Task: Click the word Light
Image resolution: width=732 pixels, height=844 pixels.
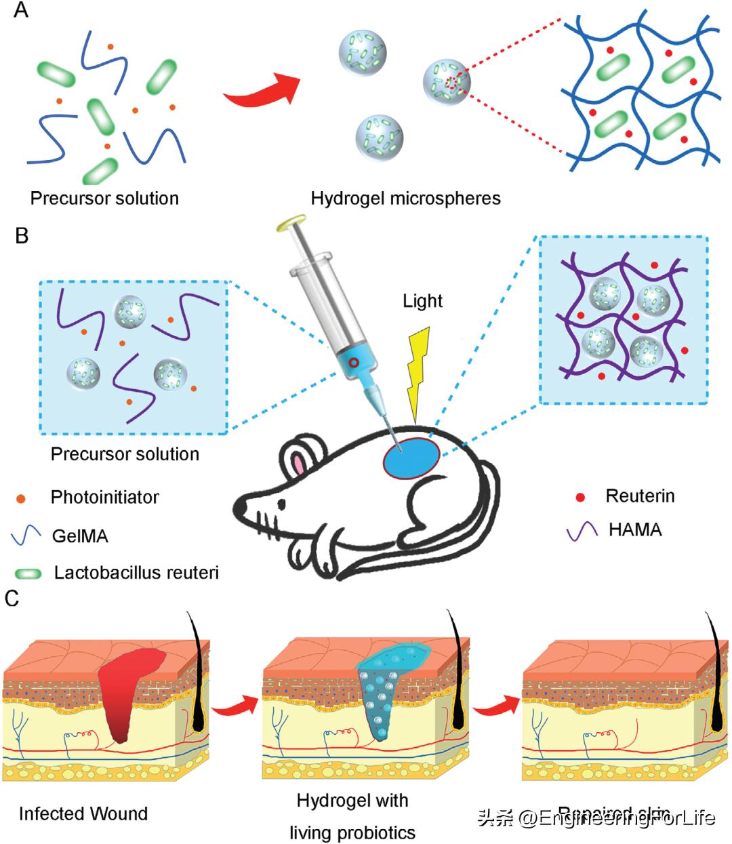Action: [x=422, y=301]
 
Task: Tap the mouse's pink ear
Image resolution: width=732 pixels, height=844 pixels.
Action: [x=298, y=464]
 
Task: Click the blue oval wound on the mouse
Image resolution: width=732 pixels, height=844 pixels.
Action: [x=411, y=460]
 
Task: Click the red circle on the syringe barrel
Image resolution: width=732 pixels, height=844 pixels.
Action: [x=353, y=363]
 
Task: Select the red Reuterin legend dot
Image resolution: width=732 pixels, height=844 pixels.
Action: [x=580, y=498]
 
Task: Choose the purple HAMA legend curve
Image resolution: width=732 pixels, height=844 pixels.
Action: [x=582, y=529]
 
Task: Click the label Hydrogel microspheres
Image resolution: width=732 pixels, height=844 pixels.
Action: [x=405, y=199]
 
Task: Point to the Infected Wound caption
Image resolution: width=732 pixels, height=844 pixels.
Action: [x=83, y=813]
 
